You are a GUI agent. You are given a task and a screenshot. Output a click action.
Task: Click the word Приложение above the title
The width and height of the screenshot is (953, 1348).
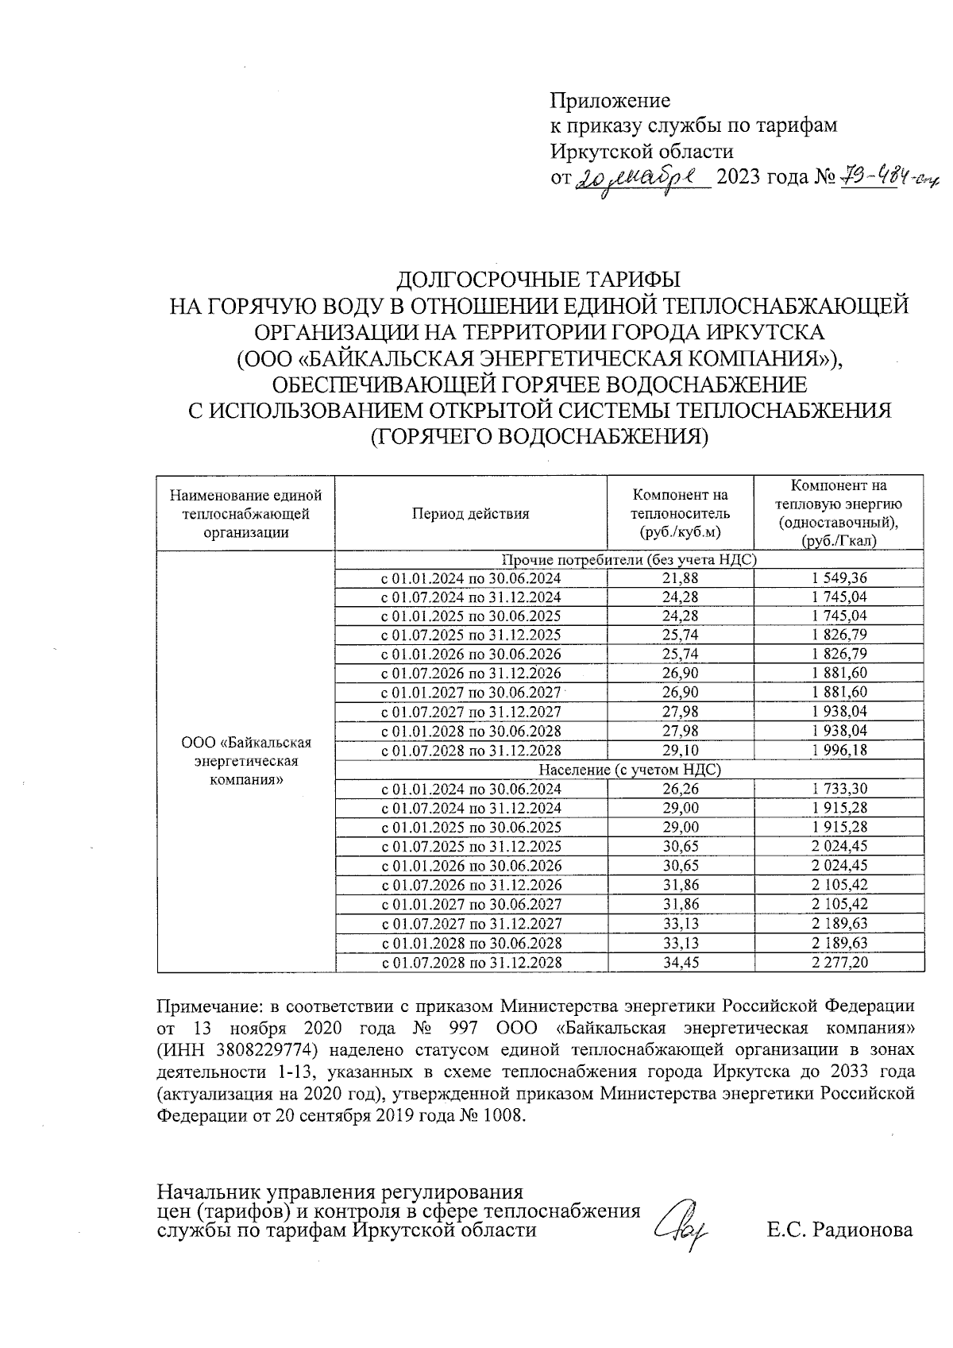[610, 101]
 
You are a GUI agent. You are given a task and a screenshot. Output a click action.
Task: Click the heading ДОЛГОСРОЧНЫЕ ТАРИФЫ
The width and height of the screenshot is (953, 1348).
[539, 280]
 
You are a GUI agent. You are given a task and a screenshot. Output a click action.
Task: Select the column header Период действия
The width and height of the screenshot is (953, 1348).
[470, 513]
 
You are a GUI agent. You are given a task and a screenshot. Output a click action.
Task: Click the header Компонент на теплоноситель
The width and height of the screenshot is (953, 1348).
[680, 513]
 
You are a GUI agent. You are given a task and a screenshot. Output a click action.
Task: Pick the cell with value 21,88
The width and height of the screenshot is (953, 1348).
[680, 578]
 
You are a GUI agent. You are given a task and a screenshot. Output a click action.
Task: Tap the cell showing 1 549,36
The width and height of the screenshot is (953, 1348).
[839, 578]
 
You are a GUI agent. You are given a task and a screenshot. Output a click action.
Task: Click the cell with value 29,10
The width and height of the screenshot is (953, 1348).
[680, 750]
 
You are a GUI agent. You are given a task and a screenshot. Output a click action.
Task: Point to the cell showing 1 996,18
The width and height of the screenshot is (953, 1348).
[839, 750]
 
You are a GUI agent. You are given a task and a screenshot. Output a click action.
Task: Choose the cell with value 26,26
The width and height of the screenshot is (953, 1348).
[680, 789]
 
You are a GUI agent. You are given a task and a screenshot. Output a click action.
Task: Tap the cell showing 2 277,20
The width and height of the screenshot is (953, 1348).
[839, 962]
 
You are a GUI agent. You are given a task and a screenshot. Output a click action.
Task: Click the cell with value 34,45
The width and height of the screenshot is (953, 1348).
[680, 962]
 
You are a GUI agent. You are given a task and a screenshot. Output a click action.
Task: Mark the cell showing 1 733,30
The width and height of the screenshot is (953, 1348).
[839, 789]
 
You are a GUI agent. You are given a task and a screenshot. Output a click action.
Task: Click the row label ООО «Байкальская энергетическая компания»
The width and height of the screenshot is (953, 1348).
[246, 760]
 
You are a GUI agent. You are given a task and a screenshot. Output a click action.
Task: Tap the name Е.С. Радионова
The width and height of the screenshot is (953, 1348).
[839, 1230]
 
